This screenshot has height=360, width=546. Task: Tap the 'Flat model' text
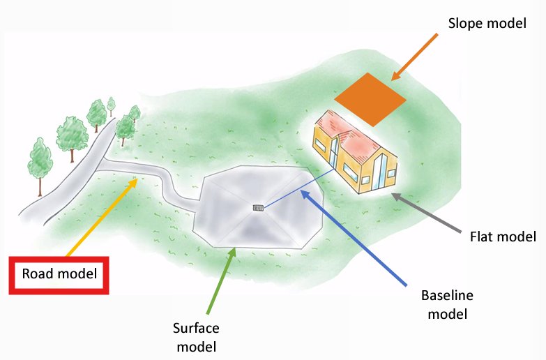pyautogui.click(x=503, y=237)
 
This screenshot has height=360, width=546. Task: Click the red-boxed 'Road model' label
pyautogui.click(x=59, y=273)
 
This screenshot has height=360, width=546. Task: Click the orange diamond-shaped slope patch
pyautogui.click(x=370, y=98)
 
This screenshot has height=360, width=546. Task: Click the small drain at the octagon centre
pyautogui.click(x=257, y=207)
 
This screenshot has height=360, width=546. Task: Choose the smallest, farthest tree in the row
pyautogui.click(x=111, y=105)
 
